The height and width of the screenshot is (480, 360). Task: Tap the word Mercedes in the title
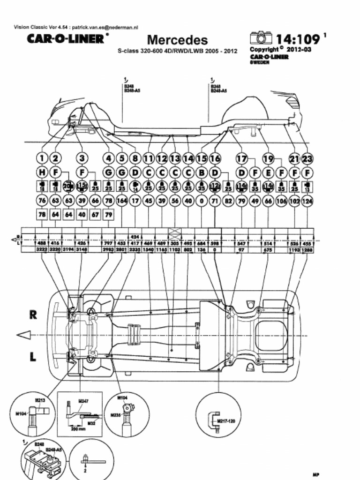point(177,40)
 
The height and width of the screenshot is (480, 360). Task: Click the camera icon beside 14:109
point(261,37)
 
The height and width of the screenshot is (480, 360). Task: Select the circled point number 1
point(42,158)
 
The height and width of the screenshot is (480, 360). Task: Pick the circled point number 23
point(308,158)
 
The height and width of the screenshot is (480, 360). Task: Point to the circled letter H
point(42,172)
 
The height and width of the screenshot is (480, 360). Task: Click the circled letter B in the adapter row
point(202,172)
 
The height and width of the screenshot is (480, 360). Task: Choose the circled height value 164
point(122,201)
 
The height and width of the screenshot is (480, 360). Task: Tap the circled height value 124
point(308,201)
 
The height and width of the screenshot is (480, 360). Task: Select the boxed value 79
point(109,215)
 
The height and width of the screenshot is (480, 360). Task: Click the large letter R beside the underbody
point(33,315)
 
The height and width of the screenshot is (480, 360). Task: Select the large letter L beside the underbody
point(33,357)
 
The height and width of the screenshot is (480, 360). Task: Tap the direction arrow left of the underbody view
point(24,335)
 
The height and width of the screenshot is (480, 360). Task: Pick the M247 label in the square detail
point(83,401)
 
